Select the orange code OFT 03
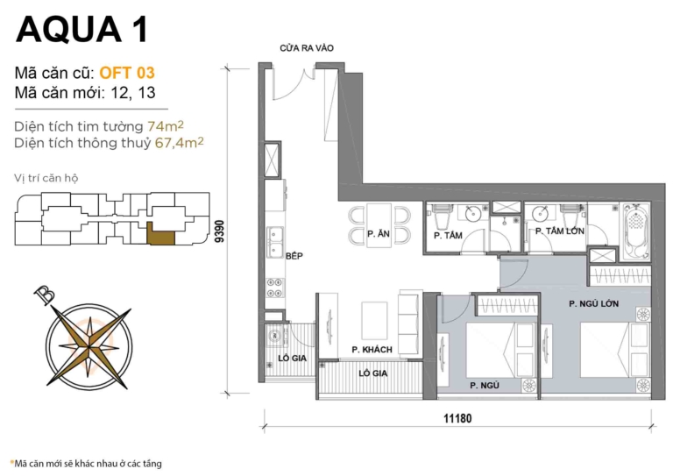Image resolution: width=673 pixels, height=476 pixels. point(127,73)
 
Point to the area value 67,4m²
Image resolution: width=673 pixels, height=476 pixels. point(179,141)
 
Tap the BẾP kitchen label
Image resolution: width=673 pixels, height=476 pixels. point(294,257)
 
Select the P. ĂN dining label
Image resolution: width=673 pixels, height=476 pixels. point(379,234)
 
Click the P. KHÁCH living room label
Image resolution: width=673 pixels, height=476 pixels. point(372,350)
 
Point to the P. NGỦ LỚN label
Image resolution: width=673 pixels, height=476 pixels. point(594,304)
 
